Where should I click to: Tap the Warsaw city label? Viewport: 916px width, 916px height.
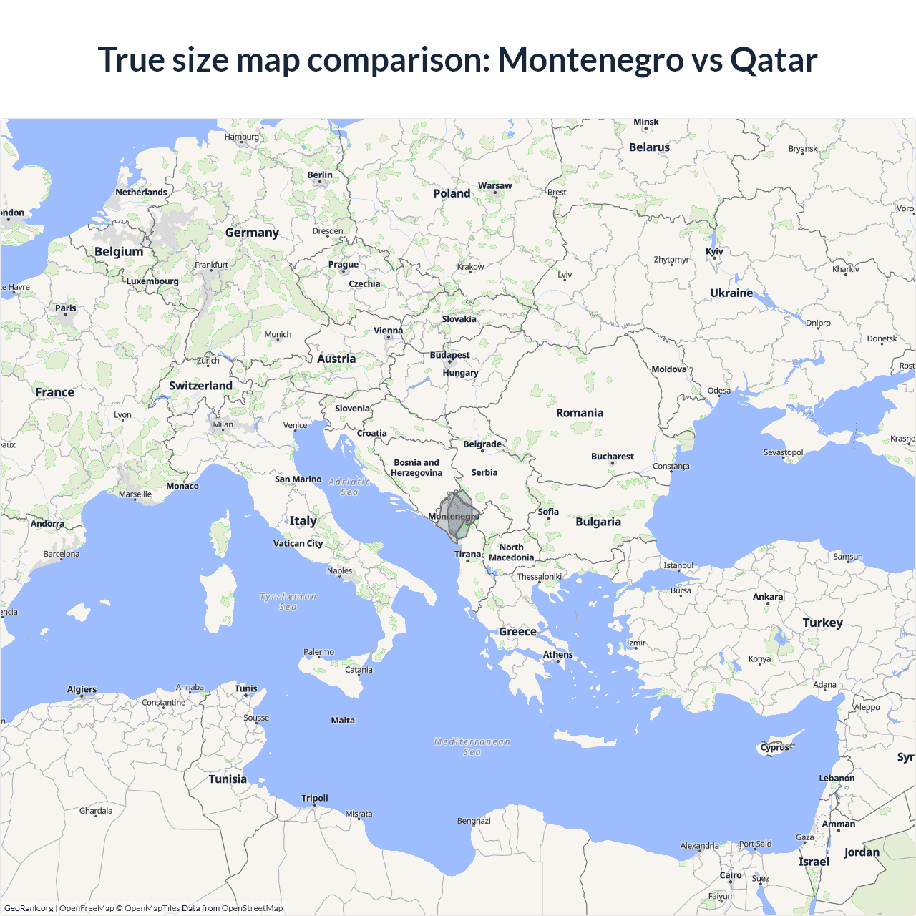click(494, 186)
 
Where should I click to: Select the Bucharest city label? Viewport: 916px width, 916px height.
click(612, 457)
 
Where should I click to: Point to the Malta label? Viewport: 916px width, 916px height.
click(343, 721)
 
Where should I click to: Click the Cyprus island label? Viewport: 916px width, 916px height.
click(774, 747)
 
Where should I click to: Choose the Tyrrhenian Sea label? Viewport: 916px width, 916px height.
click(288, 601)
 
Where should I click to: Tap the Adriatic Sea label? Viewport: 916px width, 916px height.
click(349, 487)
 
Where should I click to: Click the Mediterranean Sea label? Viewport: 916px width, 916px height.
click(472, 746)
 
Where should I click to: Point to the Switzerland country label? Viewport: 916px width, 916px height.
click(200, 386)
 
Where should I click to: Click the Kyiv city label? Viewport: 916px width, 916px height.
click(714, 251)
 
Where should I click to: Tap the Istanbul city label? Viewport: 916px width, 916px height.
click(678, 565)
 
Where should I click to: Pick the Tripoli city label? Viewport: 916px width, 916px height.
click(315, 798)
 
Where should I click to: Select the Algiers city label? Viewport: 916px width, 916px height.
click(82, 689)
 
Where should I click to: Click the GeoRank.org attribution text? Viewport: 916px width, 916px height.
click(29, 908)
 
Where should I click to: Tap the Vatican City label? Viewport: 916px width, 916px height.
click(298, 543)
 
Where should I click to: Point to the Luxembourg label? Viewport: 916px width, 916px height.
click(152, 281)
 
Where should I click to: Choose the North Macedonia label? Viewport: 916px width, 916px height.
click(511, 552)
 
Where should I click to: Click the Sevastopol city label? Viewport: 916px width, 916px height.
click(783, 452)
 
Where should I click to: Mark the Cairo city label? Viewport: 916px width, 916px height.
click(731, 875)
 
